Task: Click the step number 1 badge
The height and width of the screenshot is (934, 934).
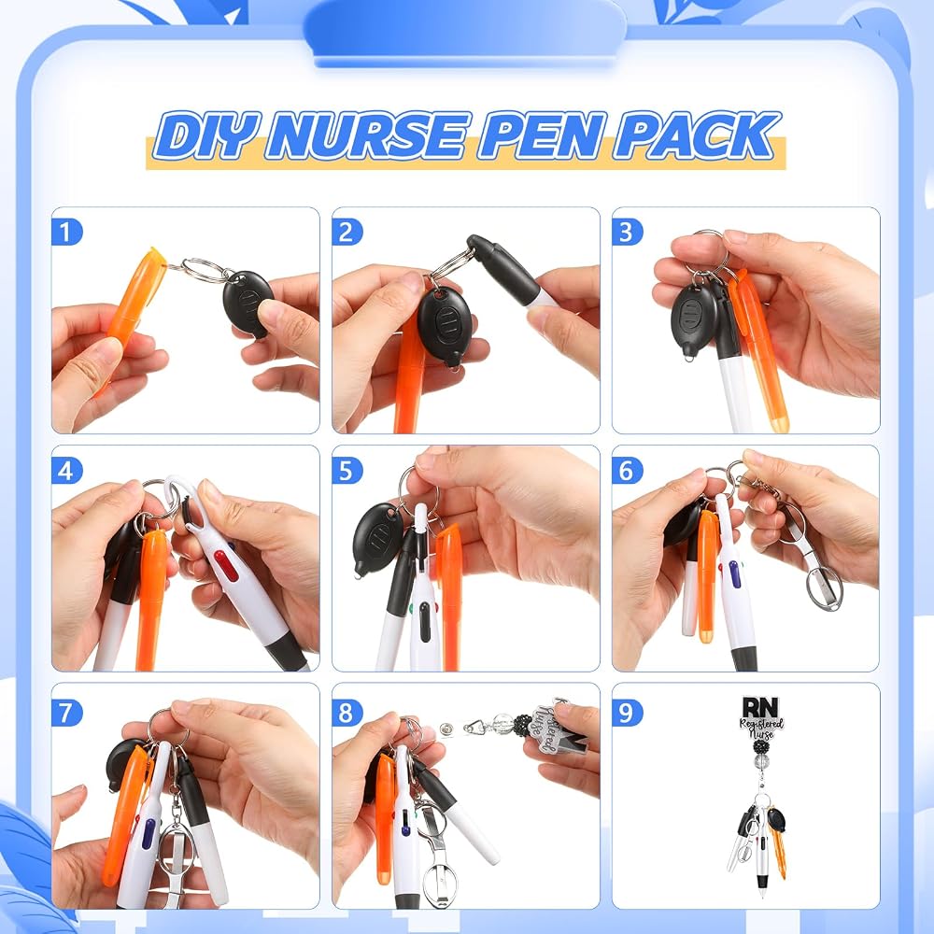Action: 66,233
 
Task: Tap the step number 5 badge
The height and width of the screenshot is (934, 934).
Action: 347,471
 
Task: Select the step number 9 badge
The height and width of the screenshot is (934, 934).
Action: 627,713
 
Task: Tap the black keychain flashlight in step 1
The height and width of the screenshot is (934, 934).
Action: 248,303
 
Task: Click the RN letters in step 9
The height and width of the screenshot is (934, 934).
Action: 760,707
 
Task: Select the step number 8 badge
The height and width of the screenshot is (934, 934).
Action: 347,713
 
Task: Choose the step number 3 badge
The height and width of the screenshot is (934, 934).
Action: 627,233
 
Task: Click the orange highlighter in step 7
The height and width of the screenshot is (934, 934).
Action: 126,815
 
